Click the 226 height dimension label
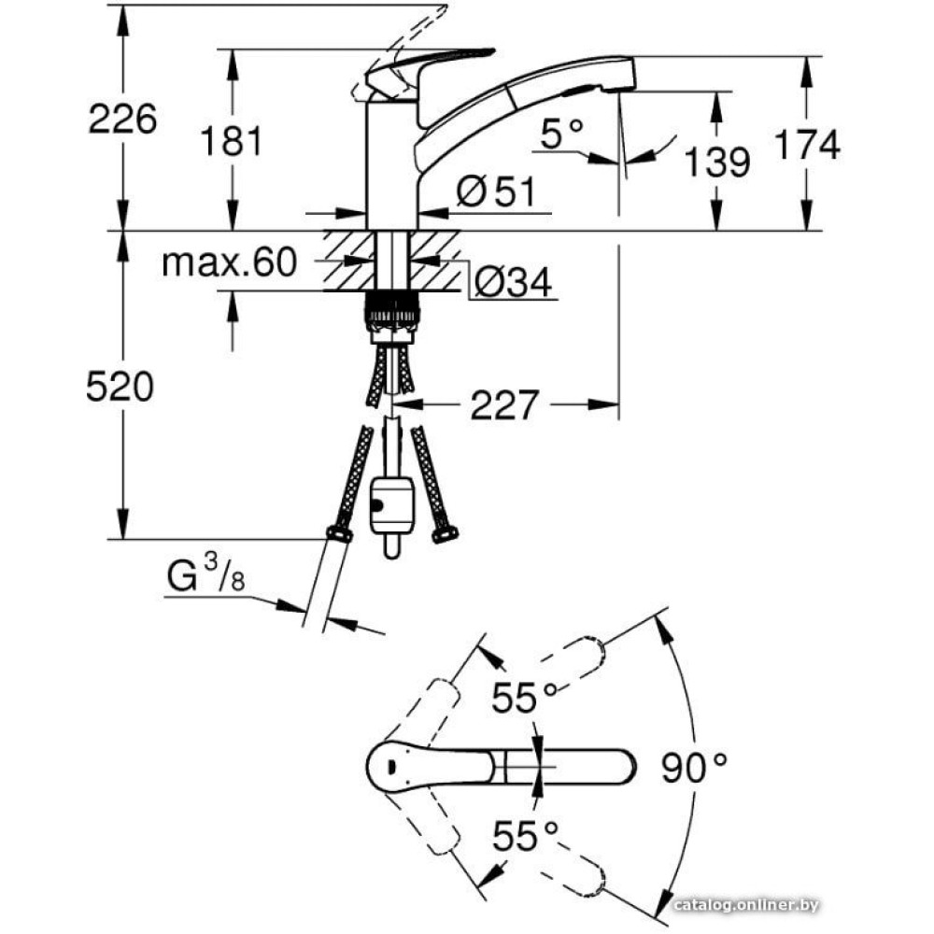(121, 119)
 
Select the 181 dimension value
(233, 141)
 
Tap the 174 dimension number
(807, 144)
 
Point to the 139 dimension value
(717, 162)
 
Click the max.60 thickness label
(228, 263)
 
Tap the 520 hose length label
(120, 386)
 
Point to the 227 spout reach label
(504, 405)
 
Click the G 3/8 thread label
(206, 576)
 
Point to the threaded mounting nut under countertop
(392, 310)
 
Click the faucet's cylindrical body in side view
(391, 163)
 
